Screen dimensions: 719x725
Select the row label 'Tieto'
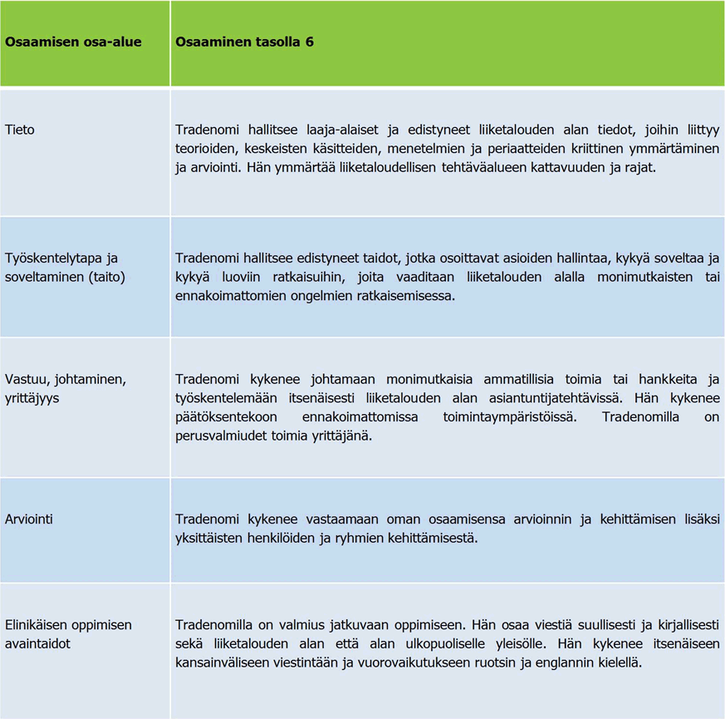coord(20,131)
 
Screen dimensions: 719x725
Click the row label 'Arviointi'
coord(29,520)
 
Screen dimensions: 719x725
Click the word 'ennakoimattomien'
coord(226,296)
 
